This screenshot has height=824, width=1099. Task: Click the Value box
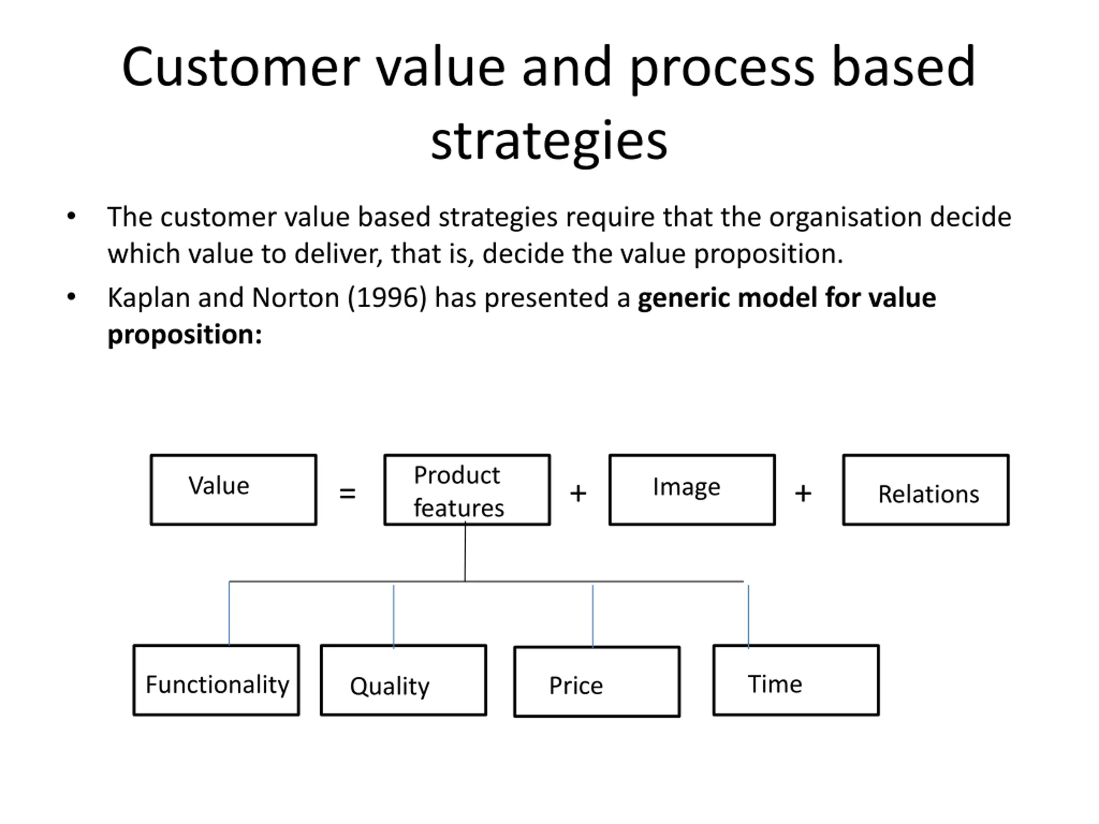click(x=233, y=489)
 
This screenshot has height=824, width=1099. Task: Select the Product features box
click(x=467, y=489)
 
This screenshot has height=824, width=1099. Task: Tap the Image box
click(x=692, y=489)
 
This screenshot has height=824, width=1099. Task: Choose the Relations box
click(x=925, y=489)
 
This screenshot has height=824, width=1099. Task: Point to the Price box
click(x=597, y=682)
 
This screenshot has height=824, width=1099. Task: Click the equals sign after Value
click(x=347, y=493)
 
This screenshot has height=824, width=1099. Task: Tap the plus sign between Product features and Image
click(x=578, y=493)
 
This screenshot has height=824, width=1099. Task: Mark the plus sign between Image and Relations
click(x=803, y=493)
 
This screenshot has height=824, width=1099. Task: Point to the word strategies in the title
click(x=549, y=141)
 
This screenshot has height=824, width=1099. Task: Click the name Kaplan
click(x=149, y=298)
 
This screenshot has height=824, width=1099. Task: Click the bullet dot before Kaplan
click(x=72, y=297)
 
